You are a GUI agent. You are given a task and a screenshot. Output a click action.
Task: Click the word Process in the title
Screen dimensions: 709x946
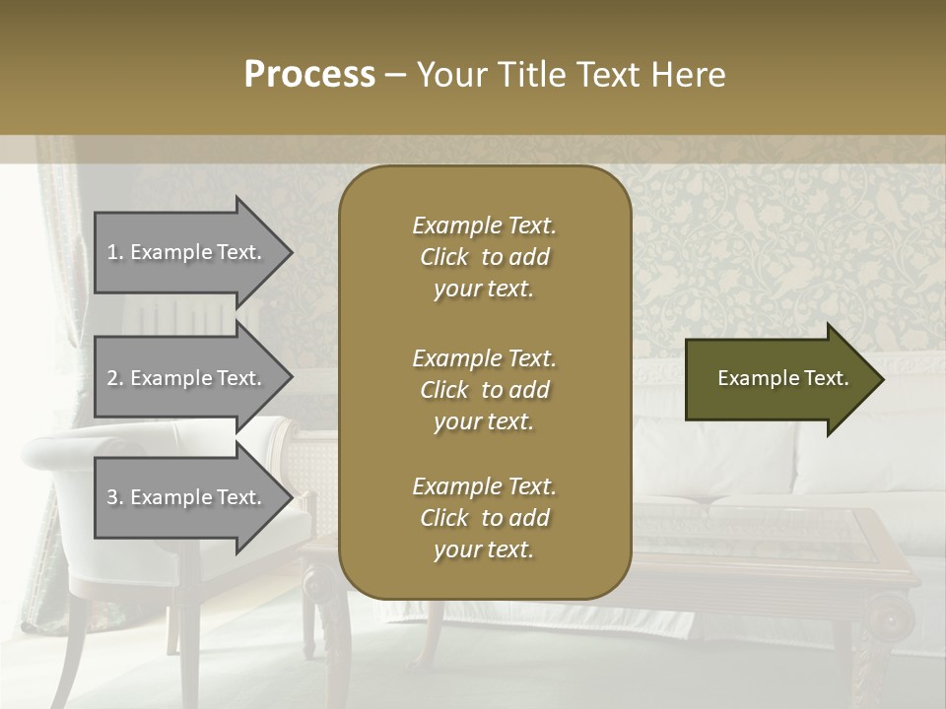(x=309, y=75)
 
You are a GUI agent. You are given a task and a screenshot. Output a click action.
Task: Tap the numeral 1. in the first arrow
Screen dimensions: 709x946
(x=114, y=252)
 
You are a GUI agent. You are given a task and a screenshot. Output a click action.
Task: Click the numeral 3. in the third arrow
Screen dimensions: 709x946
(x=114, y=497)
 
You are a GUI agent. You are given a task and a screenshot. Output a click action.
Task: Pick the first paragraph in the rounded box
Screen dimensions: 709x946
(x=484, y=257)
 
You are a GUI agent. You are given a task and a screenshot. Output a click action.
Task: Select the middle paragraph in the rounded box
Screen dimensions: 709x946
(x=484, y=389)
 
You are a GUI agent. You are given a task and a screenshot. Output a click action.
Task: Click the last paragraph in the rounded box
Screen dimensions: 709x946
(x=484, y=518)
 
